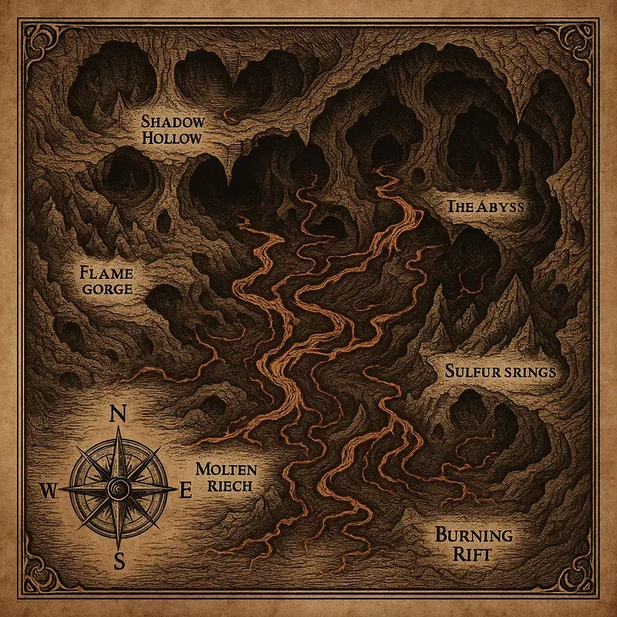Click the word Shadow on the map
[174, 122]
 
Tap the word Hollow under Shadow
[172, 139]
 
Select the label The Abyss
[486, 207]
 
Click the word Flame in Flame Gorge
[106, 272]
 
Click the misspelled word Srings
[529, 372]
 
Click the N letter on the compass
[119, 414]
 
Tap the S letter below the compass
[120, 561]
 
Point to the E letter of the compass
[185, 489]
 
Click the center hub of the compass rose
[119, 487]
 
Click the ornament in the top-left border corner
[35, 35]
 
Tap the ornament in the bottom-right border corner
[582, 582]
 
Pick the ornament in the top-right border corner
[582, 35]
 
